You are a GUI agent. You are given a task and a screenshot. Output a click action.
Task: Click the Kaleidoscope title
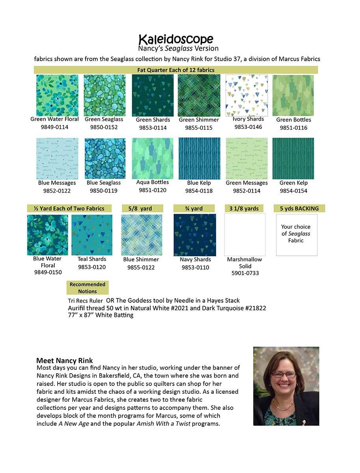(176, 39)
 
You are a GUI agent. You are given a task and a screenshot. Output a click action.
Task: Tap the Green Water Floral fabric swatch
(57, 95)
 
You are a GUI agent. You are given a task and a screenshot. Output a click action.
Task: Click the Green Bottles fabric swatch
(293, 95)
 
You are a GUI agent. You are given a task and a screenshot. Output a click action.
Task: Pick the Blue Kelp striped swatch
(199, 158)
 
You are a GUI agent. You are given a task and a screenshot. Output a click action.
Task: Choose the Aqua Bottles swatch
(153, 158)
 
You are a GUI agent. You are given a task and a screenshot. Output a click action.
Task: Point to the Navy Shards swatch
(195, 235)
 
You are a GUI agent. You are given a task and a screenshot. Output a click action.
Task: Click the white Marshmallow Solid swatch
(245, 235)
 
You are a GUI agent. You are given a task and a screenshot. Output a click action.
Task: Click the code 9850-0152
(104, 127)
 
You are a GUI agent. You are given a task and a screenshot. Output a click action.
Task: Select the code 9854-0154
(293, 191)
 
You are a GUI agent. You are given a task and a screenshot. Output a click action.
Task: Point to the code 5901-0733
(245, 273)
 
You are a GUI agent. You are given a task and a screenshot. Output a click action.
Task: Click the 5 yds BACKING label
(299, 209)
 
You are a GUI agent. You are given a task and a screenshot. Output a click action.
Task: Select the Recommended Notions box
(88, 288)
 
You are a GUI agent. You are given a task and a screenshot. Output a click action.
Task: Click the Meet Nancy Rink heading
(65, 361)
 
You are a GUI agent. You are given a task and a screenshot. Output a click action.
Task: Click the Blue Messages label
(57, 183)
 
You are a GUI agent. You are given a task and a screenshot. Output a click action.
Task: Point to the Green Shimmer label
(199, 120)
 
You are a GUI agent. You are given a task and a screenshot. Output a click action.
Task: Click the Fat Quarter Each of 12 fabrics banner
(176, 70)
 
